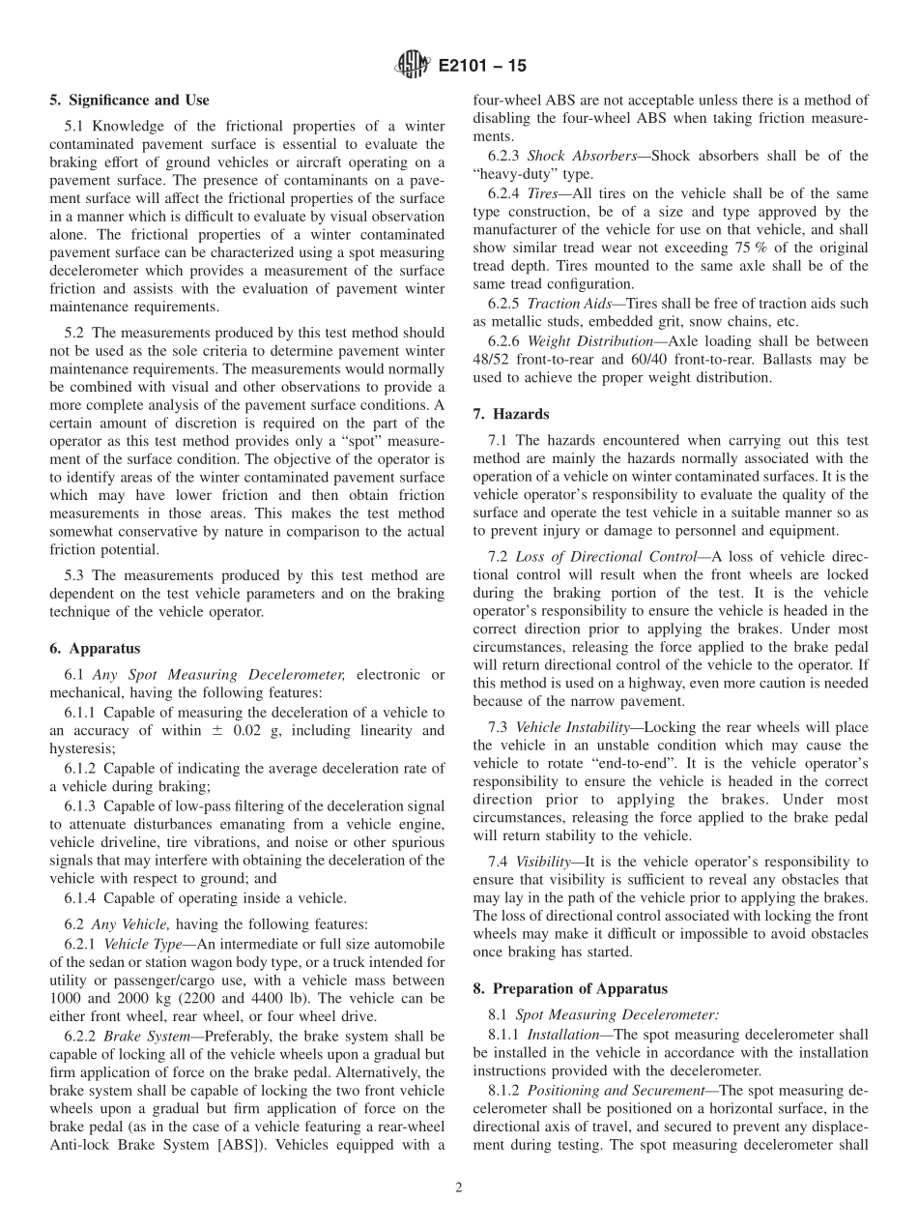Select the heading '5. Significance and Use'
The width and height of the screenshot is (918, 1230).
point(129,100)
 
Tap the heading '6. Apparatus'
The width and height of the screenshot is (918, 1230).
point(95,649)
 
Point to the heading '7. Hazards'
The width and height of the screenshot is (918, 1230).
point(510,414)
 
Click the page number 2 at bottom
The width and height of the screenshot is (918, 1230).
point(459,1187)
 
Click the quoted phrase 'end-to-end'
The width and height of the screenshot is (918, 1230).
point(617,764)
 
